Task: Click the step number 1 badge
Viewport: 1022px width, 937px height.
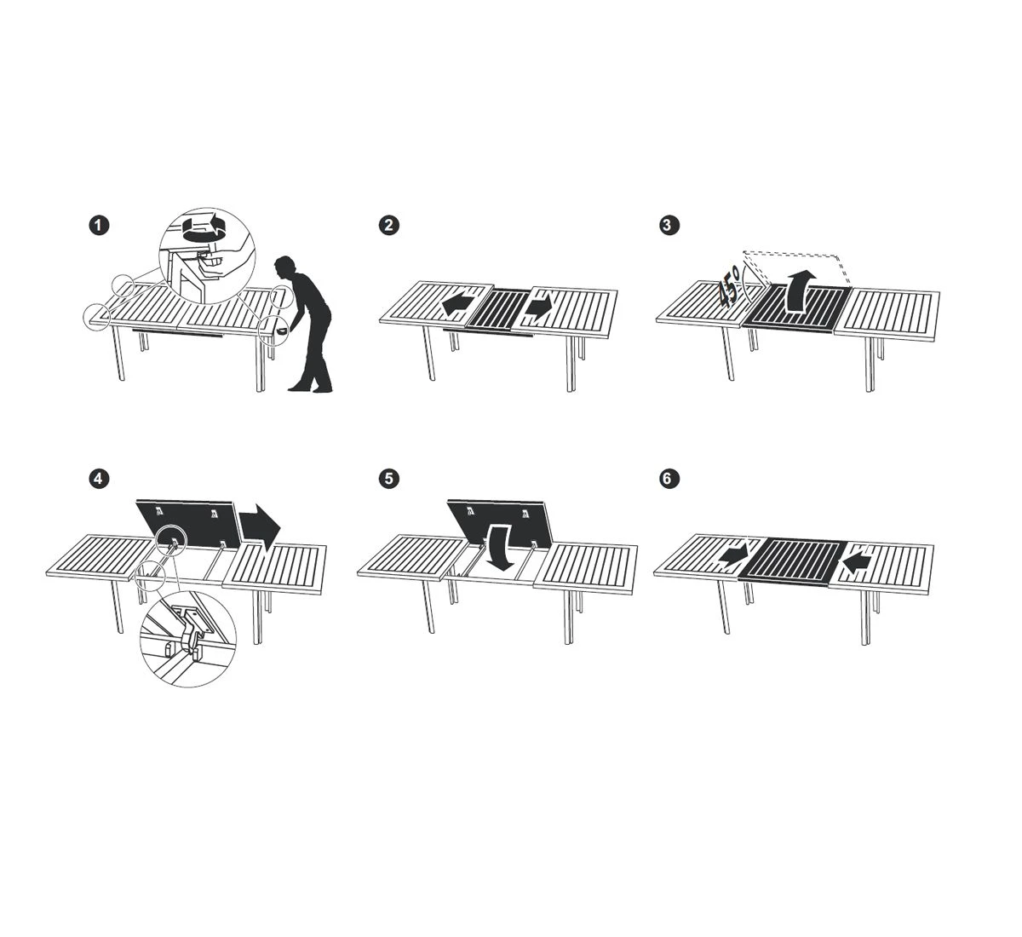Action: coord(99,226)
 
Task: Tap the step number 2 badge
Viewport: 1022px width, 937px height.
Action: coord(388,226)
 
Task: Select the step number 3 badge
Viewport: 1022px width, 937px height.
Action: coord(669,226)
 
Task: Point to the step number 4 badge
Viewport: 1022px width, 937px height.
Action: coord(99,479)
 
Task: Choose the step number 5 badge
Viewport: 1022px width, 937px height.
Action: coord(388,479)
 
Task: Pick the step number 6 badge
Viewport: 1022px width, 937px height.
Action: coord(669,479)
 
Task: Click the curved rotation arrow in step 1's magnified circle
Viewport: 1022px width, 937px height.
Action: coord(206,228)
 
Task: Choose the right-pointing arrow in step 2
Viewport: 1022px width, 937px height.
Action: coord(540,308)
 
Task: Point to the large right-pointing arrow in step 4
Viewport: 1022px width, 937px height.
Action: coord(260,527)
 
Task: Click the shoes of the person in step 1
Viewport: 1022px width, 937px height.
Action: coord(310,389)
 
